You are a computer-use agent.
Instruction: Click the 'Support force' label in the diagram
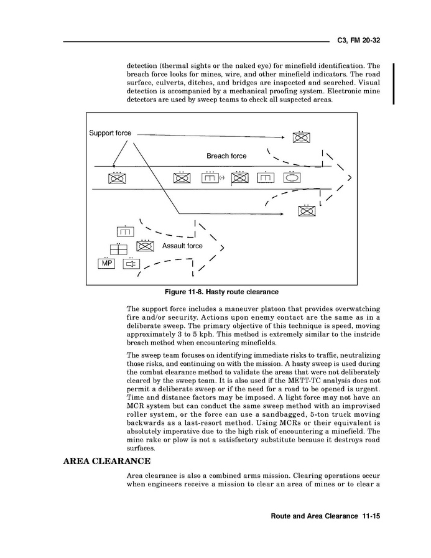tap(109, 133)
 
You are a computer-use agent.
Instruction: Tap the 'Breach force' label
tap(226, 156)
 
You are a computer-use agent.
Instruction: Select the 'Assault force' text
tap(182, 246)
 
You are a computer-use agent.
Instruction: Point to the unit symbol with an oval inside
tap(291, 178)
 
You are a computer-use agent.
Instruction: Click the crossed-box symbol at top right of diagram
tap(301, 138)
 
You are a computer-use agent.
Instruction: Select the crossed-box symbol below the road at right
tap(307, 210)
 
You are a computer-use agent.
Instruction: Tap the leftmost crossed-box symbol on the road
tap(117, 179)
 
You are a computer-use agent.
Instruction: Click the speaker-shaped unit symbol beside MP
tap(131, 264)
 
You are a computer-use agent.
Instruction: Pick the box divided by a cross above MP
tap(118, 249)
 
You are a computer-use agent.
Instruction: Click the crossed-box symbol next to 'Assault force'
tap(145, 246)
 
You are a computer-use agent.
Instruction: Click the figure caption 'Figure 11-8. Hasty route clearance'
tap(221, 292)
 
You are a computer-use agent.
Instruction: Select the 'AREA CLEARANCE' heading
tap(106, 461)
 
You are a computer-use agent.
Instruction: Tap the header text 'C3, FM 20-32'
tap(358, 40)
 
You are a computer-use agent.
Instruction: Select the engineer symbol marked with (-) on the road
tap(210, 179)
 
